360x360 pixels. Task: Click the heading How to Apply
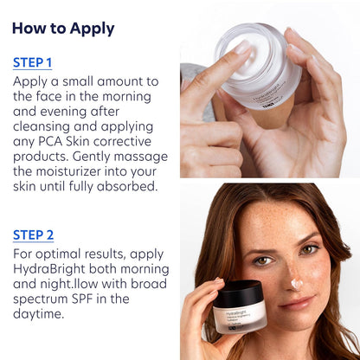(x=63, y=28)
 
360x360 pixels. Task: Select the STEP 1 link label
(x=33, y=62)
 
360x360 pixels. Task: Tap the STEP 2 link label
(x=34, y=235)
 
